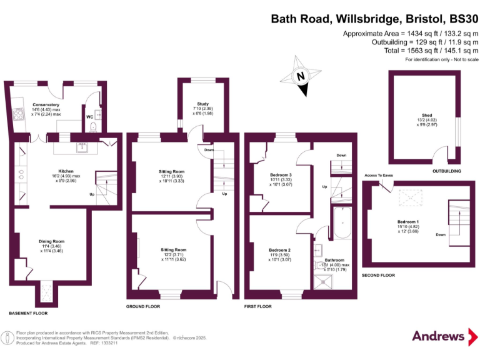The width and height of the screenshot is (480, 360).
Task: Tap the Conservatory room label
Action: [46, 105]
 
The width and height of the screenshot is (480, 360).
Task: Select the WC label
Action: [89, 116]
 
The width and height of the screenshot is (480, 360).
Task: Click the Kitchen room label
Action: [66, 171]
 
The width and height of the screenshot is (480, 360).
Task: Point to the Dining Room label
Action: [52, 241]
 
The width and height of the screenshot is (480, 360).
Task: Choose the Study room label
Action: [202, 104]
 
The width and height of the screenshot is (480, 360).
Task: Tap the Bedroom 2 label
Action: [279, 250]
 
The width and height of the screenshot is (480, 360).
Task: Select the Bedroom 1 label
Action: [408, 222]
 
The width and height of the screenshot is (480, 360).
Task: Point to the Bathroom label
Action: [334, 259]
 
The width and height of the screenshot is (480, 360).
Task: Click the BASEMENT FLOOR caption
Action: [28, 312]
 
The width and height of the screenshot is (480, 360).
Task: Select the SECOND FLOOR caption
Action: [379, 275]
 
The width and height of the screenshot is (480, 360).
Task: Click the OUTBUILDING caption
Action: [446, 171]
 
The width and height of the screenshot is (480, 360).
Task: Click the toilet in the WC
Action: [92, 127]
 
